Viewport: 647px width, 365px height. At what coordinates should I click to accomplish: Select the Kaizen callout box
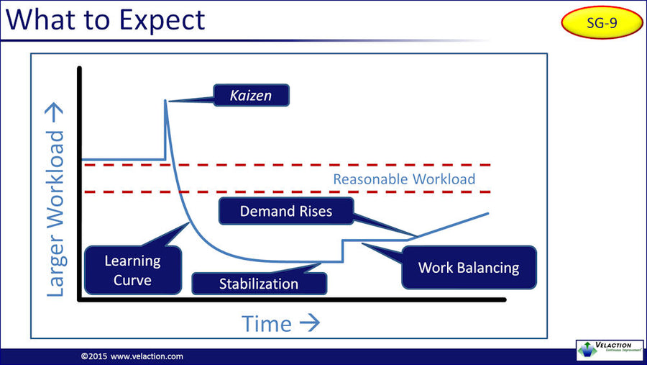(251, 94)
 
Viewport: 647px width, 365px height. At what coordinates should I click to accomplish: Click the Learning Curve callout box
(132, 270)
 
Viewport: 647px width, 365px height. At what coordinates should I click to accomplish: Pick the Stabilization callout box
(259, 284)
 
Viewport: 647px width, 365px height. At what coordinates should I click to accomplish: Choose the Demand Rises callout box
(286, 211)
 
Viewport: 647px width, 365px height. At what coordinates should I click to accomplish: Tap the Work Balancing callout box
(469, 268)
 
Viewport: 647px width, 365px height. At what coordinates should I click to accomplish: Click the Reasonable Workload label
(403, 179)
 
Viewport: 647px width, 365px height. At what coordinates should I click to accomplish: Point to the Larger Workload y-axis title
(56, 203)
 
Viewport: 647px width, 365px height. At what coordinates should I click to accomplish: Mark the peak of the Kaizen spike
(166, 101)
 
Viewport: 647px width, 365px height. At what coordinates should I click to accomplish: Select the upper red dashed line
(288, 165)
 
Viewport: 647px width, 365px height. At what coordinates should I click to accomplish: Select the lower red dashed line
(288, 192)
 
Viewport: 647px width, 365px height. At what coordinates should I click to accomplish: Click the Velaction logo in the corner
(610, 349)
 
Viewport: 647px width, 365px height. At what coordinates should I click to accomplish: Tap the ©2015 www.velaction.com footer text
(132, 356)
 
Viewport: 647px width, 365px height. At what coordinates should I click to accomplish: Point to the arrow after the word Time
(308, 323)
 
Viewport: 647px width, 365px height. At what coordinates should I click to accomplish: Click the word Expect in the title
(157, 19)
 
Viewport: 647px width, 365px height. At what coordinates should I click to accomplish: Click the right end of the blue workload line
(488, 214)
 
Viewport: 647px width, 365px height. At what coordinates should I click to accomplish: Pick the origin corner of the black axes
(80, 299)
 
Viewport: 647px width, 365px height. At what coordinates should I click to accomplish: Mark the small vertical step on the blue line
(342, 251)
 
